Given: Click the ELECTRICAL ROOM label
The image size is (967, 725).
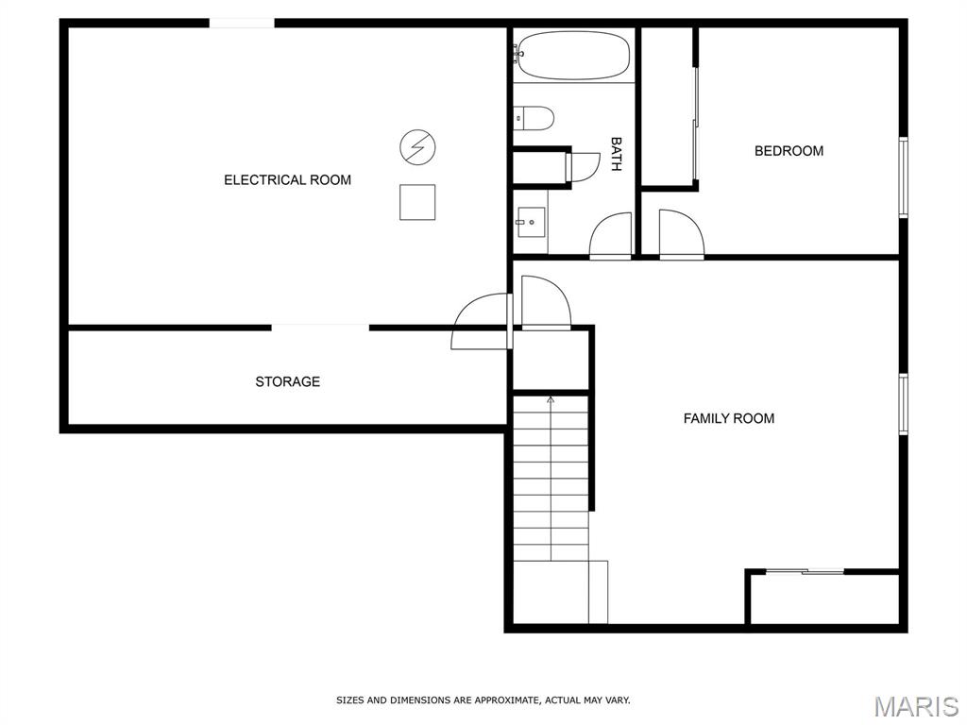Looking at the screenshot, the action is (287, 180).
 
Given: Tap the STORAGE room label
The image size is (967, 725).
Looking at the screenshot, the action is (287, 381).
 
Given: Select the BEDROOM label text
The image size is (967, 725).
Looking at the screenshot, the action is (789, 151).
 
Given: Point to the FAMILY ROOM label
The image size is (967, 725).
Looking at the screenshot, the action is (728, 418).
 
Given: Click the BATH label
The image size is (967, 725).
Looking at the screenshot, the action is (616, 154).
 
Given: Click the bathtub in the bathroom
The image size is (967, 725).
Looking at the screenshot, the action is (573, 56).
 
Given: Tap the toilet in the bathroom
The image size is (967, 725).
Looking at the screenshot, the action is (534, 118).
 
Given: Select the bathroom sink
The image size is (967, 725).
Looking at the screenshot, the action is (531, 223).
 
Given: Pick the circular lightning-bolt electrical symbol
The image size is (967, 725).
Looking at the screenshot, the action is (417, 147).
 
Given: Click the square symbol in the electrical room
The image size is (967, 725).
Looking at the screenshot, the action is (417, 202).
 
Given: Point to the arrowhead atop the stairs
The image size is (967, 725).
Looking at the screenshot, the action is (551, 400).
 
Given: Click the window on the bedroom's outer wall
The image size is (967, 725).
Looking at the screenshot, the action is (904, 177).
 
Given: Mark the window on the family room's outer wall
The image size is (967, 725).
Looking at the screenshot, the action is (904, 404).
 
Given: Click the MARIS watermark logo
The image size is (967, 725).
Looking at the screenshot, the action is (916, 706).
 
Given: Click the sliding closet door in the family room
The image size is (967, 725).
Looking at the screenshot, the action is (805, 572).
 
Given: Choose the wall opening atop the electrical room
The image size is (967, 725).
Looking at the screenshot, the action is (242, 24).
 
